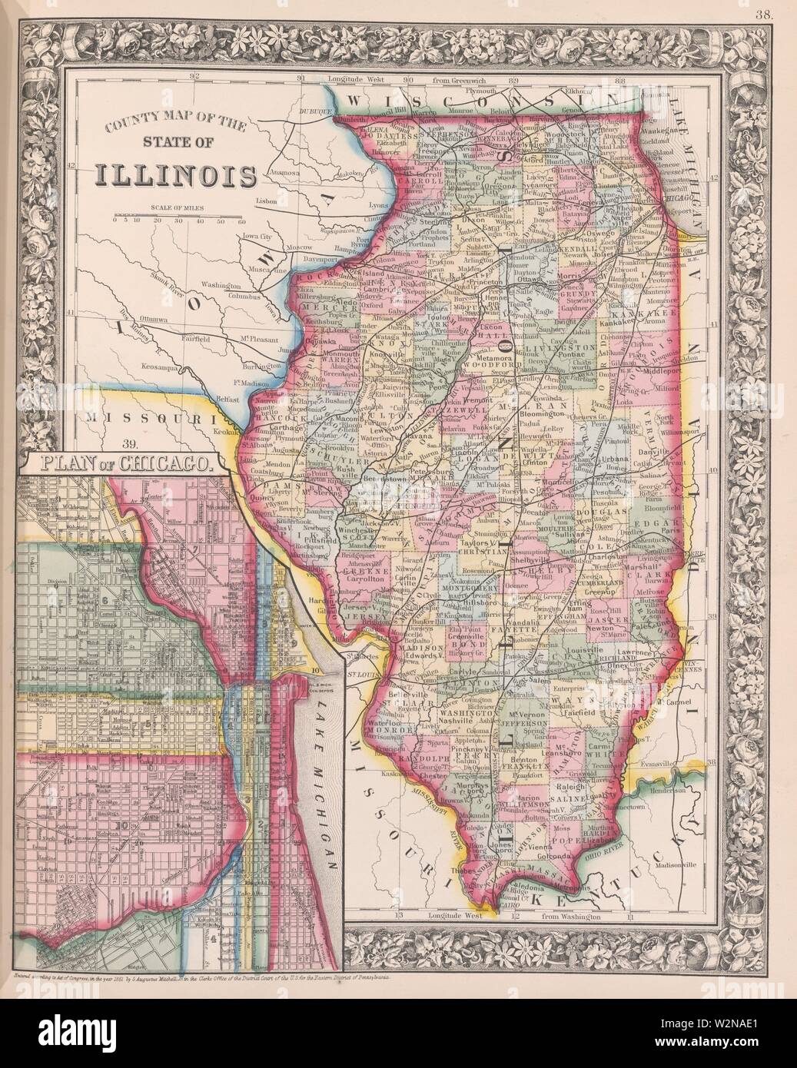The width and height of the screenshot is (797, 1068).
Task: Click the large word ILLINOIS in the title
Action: [x=176, y=174]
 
